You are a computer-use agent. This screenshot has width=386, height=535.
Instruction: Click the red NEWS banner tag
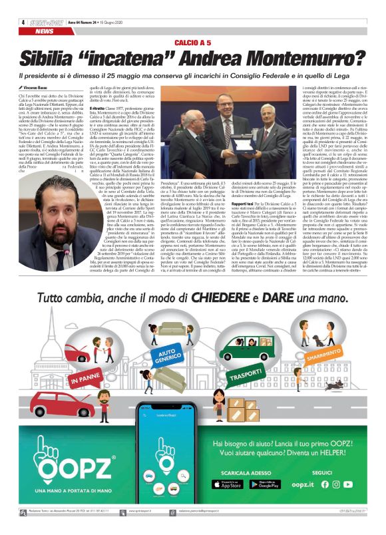tap(46, 31)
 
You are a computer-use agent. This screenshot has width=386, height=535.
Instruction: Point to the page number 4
tap(23, 21)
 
